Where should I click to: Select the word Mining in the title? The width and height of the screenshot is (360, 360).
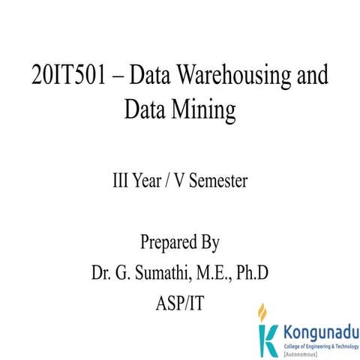(202, 110)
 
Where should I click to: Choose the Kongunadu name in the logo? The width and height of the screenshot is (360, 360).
(319, 331)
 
